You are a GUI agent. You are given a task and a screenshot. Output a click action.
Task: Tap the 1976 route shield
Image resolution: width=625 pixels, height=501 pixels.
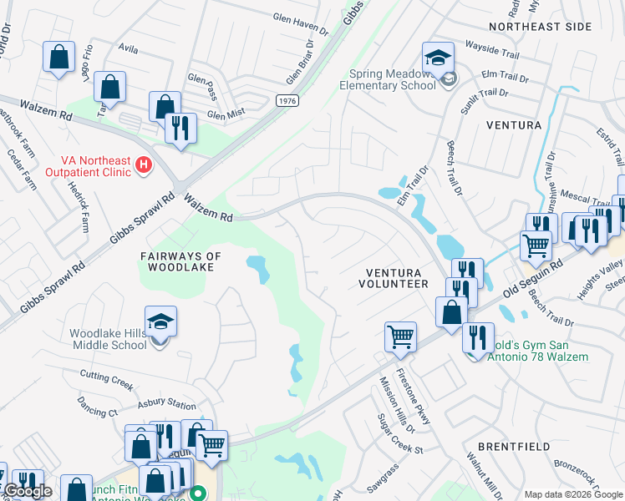(287, 100)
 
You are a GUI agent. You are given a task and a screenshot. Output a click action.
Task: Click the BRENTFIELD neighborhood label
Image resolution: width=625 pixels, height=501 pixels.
(514, 447)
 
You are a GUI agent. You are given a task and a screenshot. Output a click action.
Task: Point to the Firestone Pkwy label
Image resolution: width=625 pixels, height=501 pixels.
(414, 396)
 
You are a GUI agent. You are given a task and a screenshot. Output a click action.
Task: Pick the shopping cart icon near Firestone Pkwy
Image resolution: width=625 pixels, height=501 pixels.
(401, 337)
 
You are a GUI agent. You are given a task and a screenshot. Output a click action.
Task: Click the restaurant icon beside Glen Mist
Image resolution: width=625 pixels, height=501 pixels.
(180, 128)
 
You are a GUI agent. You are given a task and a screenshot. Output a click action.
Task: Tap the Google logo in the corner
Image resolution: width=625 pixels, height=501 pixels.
(28, 491)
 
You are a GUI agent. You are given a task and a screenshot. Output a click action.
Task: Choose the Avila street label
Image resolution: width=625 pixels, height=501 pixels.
(128, 49)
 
